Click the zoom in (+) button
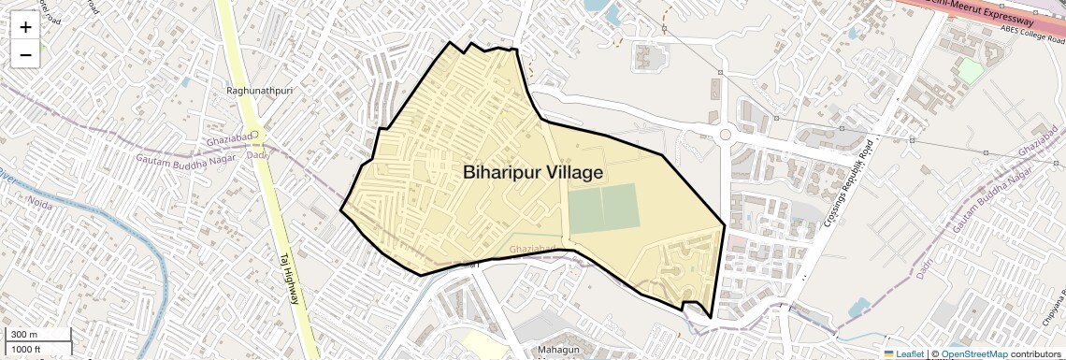coord(25,26)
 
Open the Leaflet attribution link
coord(903,353)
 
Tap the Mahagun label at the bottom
coord(559,351)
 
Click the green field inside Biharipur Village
coord(604,209)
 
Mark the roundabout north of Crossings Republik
coord(725,136)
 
